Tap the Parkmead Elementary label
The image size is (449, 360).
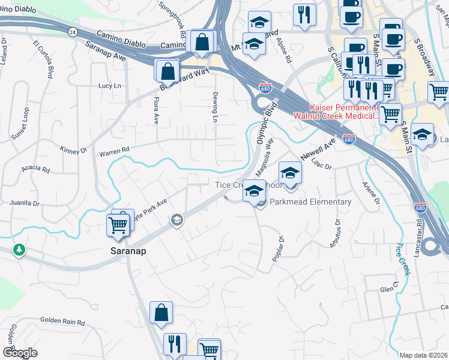[x=310, y=202]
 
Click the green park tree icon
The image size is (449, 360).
[x=20, y=249]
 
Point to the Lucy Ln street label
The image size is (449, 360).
[x=110, y=86]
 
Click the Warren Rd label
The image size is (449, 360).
[x=114, y=150]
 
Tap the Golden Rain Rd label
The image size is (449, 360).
[x=62, y=322]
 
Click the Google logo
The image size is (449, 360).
[x=19, y=353]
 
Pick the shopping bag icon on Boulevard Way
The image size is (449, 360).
[x=166, y=71]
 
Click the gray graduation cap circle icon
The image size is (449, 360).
[x=176, y=220]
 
